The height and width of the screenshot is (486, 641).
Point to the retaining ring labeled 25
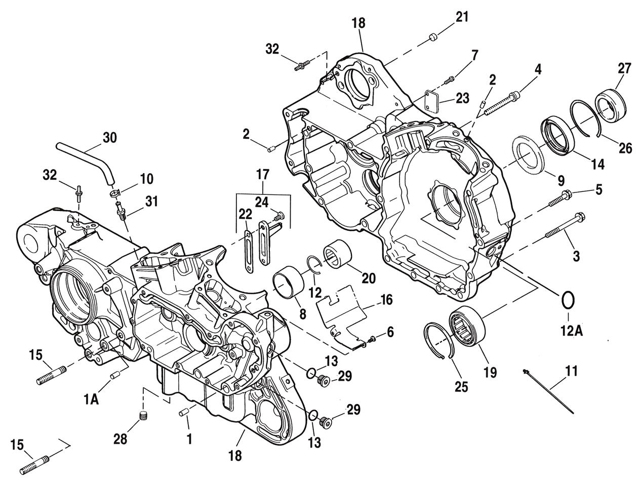pos(436,340)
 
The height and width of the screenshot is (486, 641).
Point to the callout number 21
pos(461,17)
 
